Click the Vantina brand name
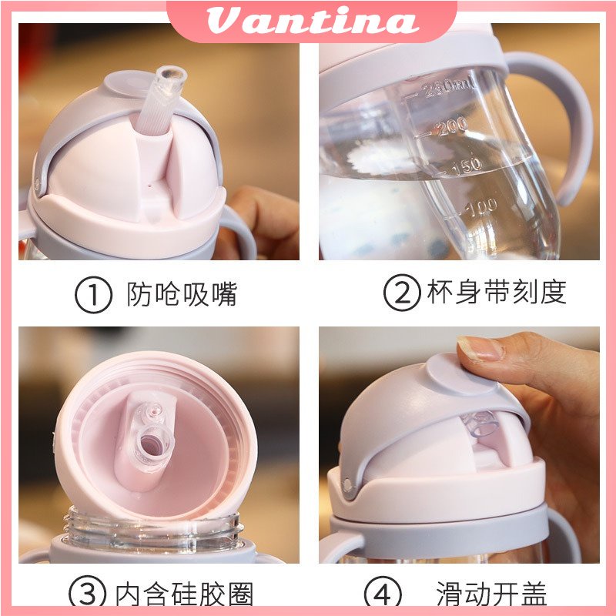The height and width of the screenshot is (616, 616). (313, 21)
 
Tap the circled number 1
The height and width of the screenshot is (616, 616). (93, 295)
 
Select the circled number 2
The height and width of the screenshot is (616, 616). (402, 293)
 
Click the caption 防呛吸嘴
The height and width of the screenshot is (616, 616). (182, 294)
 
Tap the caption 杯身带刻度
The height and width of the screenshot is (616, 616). (497, 292)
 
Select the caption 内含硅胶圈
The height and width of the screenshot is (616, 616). (184, 593)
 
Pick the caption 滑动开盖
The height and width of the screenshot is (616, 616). (491, 593)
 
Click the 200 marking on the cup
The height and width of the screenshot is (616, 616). (452, 126)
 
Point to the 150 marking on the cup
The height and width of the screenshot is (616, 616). (467, 166)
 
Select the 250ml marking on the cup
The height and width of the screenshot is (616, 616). (449, 88)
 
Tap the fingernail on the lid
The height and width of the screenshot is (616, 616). (480, 348)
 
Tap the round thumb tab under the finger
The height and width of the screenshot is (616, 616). (460, 373)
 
